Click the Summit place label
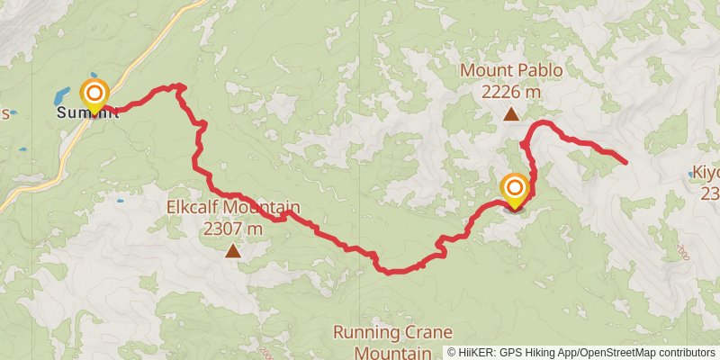coord(87,113)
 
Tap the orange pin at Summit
coord(94,94)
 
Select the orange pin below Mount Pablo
coord(515,189)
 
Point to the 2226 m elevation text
coord(510,91)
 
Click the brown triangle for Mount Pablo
coord(510,113)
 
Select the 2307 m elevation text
coord(232,229)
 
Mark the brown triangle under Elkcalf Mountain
coord(232,251)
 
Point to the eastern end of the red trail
coord(625,161)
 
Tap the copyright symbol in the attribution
coord(453,353)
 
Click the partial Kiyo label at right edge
coord(706,172)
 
